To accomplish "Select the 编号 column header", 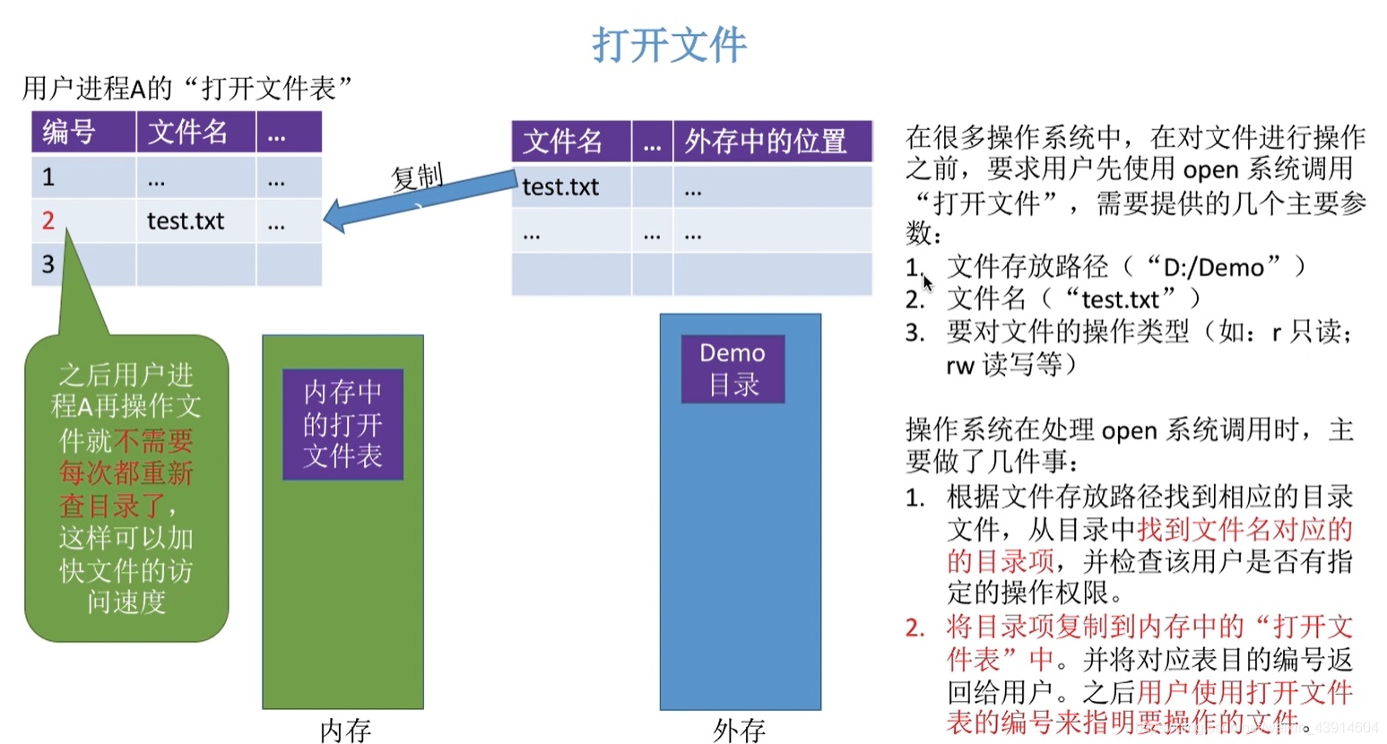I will pyautogui.click(x=69, y=133).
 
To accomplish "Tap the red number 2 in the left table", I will pyautogui.click(x=48, y=221).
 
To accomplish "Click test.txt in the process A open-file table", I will pyautogui.click(x=186, y=221).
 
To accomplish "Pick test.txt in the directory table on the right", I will pyautogui.click(x=560, y=186).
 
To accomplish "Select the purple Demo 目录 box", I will pyautogui.click(x=733, y=368).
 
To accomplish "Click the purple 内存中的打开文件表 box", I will pyautogui.click(x=342, y=424).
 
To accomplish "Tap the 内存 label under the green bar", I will pyautogui.click(x=345, y=731).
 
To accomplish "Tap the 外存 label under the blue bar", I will pyautogui.click(x=739, y=731).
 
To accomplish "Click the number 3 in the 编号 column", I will pyautogui.click(x=48, y=264).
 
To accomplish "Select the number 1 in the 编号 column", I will pyautogui.click(x=48, y=177).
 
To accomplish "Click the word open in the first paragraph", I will pyautogui.click(x=1210, y=169).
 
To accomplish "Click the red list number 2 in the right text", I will pyautogui.click(x=915, y=627).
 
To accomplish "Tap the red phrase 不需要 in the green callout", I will pyautogui.click(x=153, y=440).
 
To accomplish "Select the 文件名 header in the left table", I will pyautogui.click(x=187, y=133).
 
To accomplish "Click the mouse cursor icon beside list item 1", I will pyautogui.click(x=927, y=283).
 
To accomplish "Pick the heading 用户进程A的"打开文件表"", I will pyautogui.click(x=187, y=88).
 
